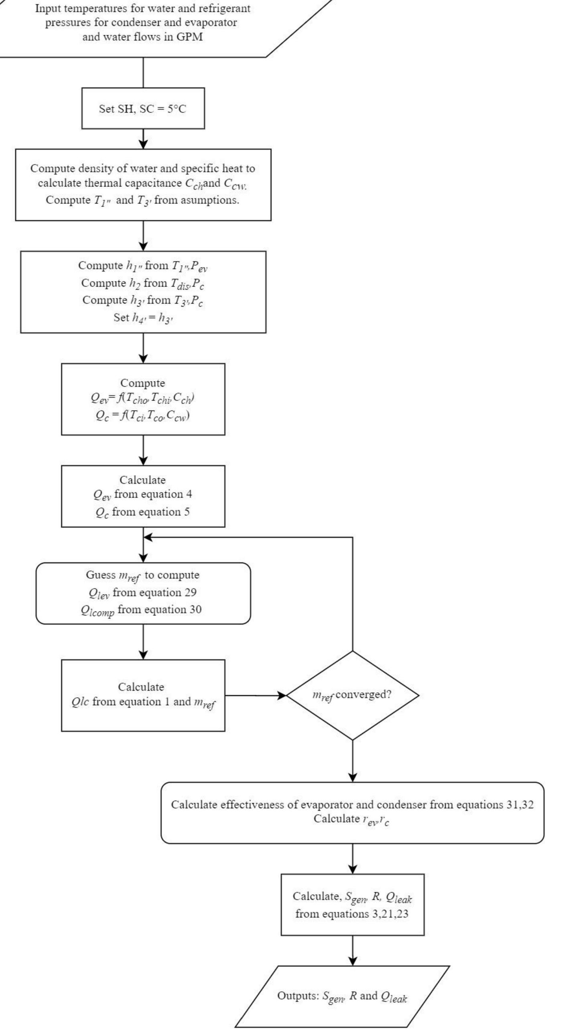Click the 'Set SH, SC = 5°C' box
tap(143, 109)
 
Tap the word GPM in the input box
tap(189, 37)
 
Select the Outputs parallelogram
tap(342, 996)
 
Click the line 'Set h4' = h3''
tap(143, 317)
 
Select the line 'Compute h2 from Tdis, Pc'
tap(143, 283)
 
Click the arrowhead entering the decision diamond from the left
tap(281, 695)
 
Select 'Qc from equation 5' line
tap(142, 512)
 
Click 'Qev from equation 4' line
tap(142, 494)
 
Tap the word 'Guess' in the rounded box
tap(100, 574)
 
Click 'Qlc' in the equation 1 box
tap(80, 702)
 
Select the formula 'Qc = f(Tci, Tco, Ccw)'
tap(142, 415)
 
